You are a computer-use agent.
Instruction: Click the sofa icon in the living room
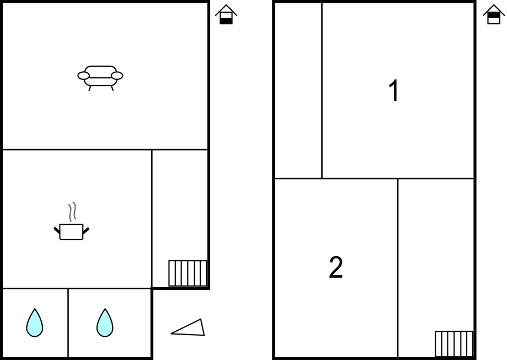pos(100,78)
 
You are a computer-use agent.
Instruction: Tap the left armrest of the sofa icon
pos(83,76)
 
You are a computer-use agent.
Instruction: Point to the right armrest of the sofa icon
pos(117,76)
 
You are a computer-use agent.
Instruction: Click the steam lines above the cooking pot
pos(72,211)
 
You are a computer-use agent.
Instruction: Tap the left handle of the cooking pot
pos(57,230)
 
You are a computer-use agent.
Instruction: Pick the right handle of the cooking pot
pos(86,230)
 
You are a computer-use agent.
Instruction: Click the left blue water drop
pos(35,323)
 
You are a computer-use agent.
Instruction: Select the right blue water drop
pos(105,323)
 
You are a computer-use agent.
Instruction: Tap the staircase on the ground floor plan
pos(188,273)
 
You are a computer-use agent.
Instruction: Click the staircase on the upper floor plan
pos(454,344)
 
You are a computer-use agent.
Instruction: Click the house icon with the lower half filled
pos(226,14)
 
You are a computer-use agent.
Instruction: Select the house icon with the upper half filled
pos(494,14)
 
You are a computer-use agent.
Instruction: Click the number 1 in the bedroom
pos(394,91)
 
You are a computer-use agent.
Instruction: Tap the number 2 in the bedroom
pos(335,267)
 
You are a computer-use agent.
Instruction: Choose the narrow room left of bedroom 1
pos(298,91)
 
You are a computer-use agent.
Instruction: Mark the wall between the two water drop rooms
pos(68,323)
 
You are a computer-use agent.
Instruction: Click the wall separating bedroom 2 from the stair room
pos(398,268)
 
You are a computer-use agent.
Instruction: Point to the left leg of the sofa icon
pos(90,88)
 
